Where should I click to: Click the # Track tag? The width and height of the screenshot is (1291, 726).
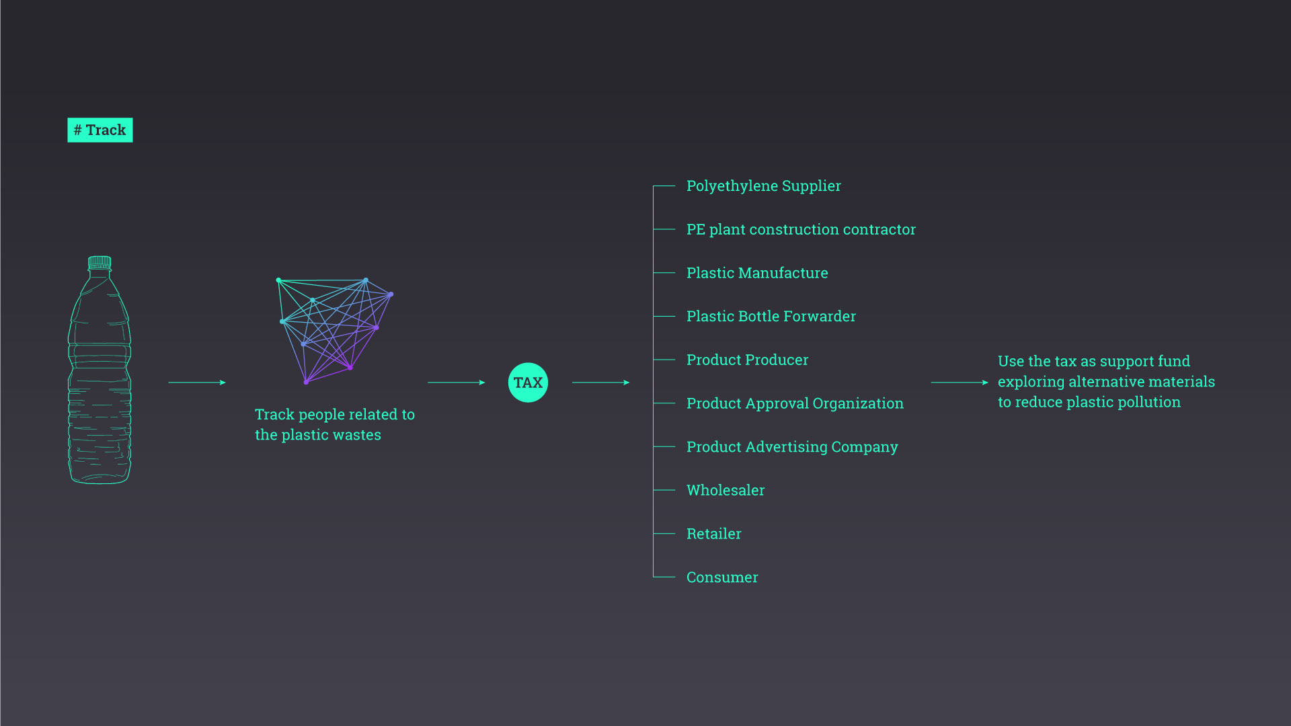(x=100, y=130)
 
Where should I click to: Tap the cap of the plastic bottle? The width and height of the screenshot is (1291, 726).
(x=100, y=262)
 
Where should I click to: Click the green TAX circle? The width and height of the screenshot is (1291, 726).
(x=528, y=382)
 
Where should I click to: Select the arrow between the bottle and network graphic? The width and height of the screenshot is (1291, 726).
(x=197, y=382)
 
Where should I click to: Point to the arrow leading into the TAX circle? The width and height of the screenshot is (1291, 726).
(x=456, y=382)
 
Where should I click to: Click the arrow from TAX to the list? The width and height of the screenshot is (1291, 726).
(x=600, y=382)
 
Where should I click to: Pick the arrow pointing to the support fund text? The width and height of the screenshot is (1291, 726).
(x=960, y=382)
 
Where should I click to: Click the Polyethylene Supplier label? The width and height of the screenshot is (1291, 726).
(x=763, y=186)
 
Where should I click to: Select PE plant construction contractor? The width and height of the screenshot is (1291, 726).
(x=801, y=230)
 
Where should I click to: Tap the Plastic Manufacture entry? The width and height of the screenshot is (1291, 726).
(x=757, y=273)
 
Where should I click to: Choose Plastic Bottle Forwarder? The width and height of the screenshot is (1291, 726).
(x=771, y=317)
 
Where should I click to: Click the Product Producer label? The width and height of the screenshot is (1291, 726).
(x=747, y=360)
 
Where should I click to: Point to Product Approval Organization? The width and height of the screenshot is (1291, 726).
(x=795, y=403)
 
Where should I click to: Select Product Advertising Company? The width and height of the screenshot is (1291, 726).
(x=792, y=447)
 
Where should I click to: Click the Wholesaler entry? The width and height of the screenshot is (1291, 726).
(x=726, y=491)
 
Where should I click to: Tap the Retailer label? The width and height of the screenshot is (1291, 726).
(x=713, y=534)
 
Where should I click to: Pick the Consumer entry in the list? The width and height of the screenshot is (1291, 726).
(x=722, y=577)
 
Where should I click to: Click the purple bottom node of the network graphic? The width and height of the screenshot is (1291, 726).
(x=306, y=382)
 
